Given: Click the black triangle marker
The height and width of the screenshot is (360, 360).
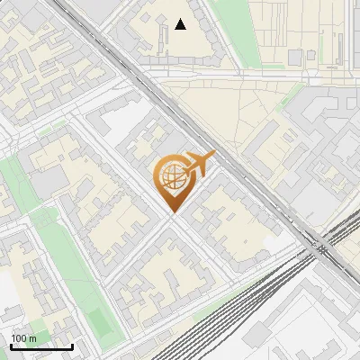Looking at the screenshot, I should [181, 24].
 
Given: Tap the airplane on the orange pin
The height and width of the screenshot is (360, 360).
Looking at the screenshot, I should [199, 165].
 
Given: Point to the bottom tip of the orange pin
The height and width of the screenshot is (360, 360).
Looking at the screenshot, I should [172, 213].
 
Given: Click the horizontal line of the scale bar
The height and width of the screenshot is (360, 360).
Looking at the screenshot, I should [41, 347].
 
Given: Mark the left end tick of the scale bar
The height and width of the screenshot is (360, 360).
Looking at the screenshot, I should [11, 346].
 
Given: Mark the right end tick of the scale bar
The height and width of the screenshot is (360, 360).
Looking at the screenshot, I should [72, 346].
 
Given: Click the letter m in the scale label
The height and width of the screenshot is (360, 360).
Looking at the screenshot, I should [32, 338].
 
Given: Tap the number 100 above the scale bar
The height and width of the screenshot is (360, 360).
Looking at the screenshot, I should [19, 338].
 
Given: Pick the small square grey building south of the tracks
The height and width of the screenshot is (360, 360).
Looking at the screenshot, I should [259, 335].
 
